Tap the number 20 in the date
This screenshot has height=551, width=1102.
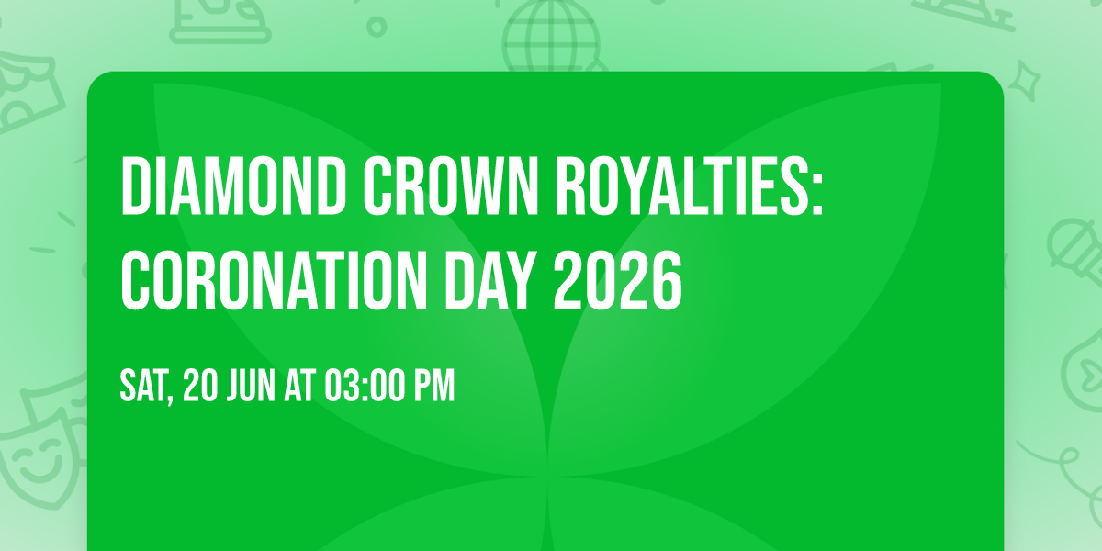pos(200,388)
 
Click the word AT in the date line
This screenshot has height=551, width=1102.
pos(299,388)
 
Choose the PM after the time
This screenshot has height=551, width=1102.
pos(433,388)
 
